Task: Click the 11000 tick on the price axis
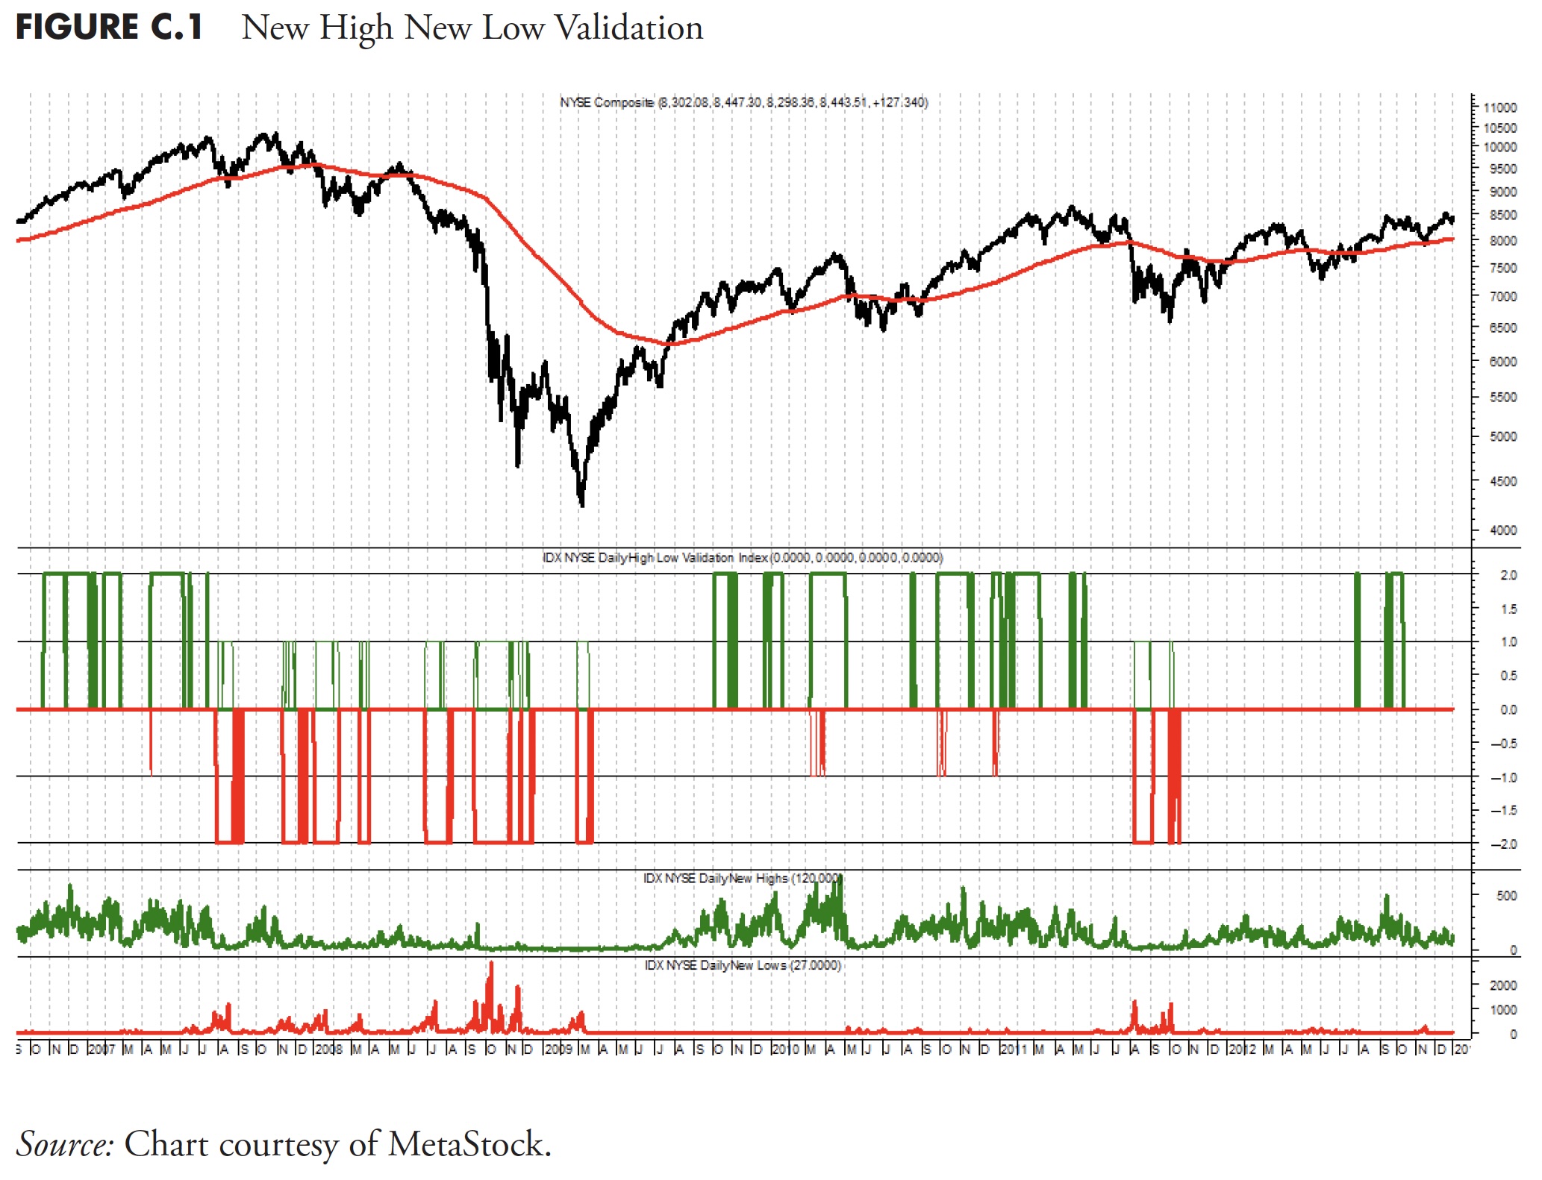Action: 1499,107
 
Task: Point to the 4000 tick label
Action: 1502,530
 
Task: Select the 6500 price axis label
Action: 1502,328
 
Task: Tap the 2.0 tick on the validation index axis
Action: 1508,575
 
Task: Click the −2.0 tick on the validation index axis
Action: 1505,844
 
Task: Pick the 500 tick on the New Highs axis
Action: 1506,896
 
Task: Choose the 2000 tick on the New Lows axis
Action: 1502,985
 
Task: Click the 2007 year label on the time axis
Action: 102,1049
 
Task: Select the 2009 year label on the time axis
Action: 558,1049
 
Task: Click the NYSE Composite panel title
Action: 743,102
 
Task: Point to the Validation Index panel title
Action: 742,558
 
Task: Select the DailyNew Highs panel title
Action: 742,879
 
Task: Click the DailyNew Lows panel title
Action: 743,965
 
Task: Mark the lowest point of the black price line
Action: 582,506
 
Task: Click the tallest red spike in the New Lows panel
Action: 491,964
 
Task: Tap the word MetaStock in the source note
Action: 469,1144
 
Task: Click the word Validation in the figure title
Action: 629,28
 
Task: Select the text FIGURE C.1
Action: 109,28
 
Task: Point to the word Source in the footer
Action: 65,1144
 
